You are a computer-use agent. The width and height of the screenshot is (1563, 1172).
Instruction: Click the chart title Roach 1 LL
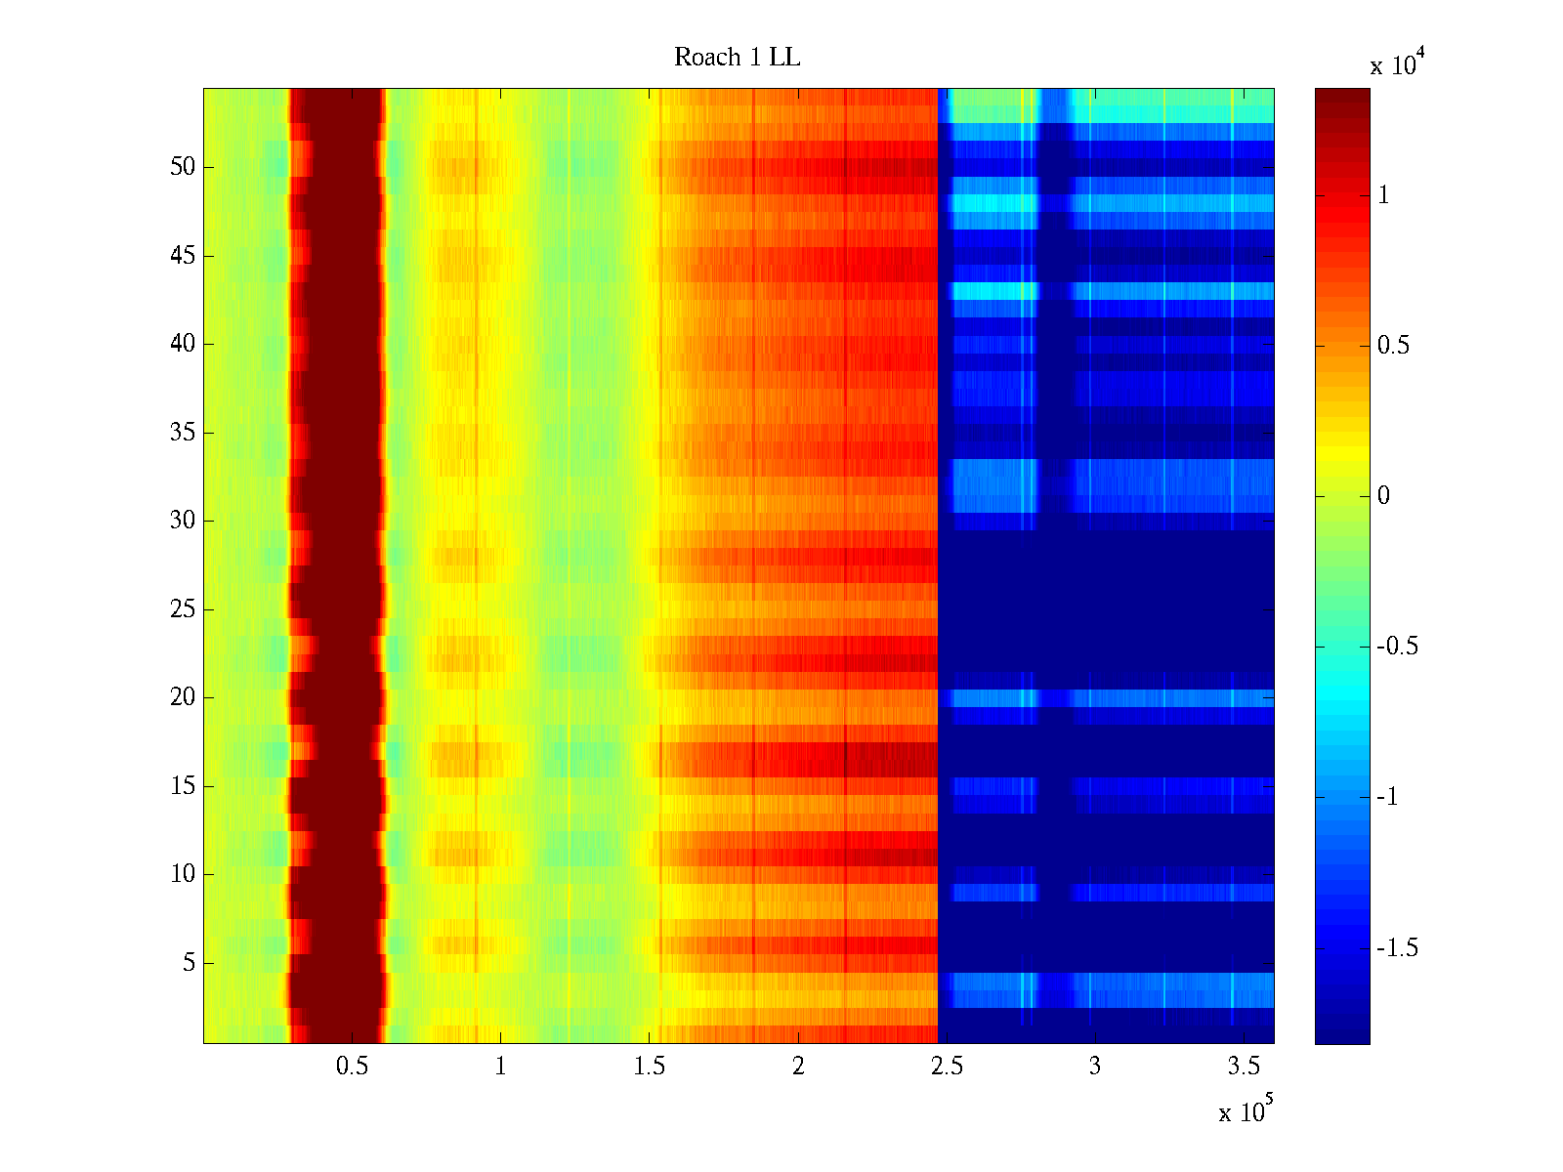point(738,58)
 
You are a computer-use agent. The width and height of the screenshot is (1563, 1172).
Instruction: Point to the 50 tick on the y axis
point(183,167)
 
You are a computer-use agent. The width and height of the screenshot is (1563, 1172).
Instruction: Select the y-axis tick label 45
point(183,256)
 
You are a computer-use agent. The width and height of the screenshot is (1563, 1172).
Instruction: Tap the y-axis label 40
point(183,344)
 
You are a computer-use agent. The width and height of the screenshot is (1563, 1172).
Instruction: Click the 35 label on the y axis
point(183,433)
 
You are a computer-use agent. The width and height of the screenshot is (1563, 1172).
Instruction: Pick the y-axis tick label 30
point(183,521)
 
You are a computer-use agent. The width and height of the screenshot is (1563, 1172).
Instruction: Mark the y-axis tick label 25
point(183,609)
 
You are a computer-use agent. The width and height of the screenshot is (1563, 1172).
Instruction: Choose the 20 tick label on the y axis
point(183,697)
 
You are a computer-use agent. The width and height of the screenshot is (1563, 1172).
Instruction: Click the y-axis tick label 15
point(183,786)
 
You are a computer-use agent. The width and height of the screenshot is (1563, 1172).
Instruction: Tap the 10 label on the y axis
point(183,874)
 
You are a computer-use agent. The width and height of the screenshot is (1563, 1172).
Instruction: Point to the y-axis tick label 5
point(189,963)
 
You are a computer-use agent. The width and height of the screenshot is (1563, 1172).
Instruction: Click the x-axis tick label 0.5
point(352,1067)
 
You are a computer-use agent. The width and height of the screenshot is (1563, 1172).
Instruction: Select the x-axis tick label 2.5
point(947,1067)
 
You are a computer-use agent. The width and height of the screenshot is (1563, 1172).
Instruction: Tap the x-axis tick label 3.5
point(1244,1067)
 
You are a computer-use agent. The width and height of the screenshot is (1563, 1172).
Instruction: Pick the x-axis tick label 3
point(1095,1067)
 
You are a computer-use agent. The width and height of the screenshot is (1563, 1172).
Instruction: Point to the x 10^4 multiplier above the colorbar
point(1398,64)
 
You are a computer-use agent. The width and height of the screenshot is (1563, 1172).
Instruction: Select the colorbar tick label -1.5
point(1397,948)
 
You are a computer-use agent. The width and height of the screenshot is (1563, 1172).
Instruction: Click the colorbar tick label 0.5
point(1393,346)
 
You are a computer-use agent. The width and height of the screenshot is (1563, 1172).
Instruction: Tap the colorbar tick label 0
point(1383,496)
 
